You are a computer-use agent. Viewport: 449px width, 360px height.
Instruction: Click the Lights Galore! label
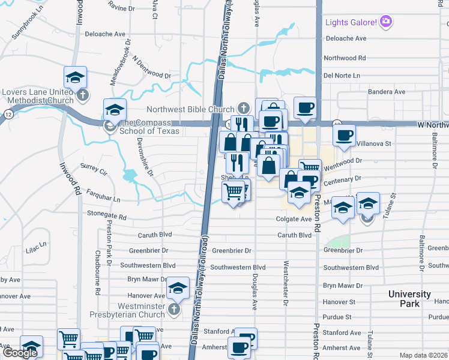(351, 23)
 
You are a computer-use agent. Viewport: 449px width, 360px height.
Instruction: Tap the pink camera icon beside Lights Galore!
(386, 23)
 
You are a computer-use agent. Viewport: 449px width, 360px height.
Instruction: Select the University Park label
(409, 299)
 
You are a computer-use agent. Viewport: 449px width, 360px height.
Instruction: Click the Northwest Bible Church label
(191, 109)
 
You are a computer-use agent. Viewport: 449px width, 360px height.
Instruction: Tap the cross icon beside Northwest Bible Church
(243, 109)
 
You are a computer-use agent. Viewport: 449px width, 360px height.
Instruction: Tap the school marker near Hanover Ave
(178, 289)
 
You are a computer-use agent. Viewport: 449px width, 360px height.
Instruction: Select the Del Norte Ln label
(342, 76)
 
